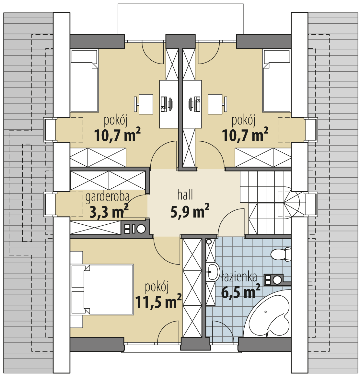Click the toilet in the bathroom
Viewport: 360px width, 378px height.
point(280,254)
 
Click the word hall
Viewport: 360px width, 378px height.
point(185,195)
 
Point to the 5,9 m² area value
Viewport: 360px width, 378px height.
point(190,212)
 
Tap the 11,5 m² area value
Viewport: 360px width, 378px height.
point(158,302)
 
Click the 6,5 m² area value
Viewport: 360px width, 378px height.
point(241,292)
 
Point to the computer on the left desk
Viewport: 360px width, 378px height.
point(167,104)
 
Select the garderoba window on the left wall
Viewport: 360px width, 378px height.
point(49,204)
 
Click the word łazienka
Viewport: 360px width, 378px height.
point(239,277)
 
